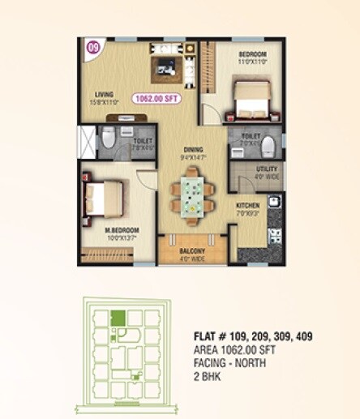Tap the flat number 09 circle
coord(92,48)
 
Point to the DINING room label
coord(192,148)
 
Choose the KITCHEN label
coord(246,206)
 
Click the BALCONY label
coord(193,251)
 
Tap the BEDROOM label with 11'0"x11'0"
coord(253,56)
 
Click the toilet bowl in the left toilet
coord(108,139)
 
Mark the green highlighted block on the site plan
coord(118,319)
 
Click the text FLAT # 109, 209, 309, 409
coord(254,336)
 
